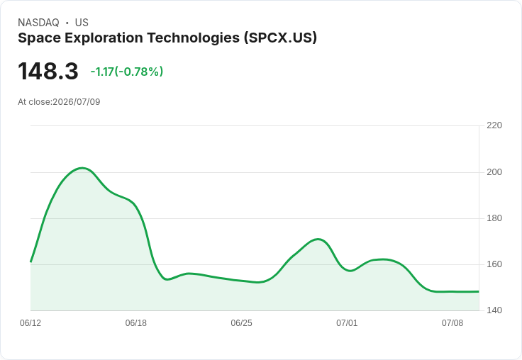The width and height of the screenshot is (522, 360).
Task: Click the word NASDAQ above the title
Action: [38, 23]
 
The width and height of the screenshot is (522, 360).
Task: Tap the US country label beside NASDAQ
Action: [82, 23]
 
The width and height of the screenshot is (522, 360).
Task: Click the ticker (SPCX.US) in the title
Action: [280, 38]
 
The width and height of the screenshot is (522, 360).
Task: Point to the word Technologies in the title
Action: [194, 38]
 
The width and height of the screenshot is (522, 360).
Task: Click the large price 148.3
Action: [48, 71]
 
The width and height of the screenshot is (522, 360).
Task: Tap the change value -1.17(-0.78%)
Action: [127, 72]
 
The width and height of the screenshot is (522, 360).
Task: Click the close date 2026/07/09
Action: [76, 102]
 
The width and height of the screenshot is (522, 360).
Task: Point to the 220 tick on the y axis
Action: [494, 125]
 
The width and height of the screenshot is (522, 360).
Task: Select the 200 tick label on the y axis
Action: [494, 172]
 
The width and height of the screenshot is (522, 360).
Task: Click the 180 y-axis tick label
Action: [494, 218]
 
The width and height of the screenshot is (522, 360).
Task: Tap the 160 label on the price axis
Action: [494, 264]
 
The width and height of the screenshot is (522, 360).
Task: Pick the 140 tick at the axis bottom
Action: [494, 310]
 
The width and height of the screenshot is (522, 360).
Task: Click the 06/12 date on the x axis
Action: [30, 323]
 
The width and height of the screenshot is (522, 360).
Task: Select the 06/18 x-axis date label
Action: [136, 323]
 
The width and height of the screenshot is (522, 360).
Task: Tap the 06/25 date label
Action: [241, 323]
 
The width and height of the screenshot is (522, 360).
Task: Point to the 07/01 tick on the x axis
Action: [347, 323]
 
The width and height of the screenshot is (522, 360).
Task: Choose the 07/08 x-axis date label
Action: [452, 323]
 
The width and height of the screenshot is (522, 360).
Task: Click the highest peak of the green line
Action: [82, 168]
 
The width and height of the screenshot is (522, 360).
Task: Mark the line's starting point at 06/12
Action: [30, 261]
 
